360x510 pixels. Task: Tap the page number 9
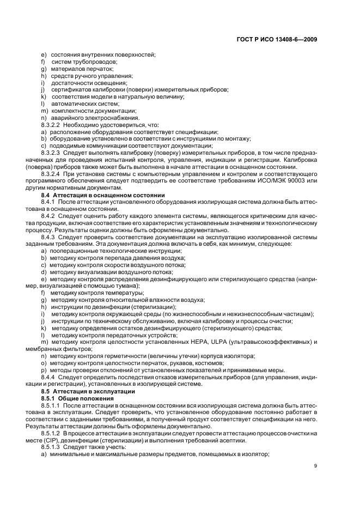316,465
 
